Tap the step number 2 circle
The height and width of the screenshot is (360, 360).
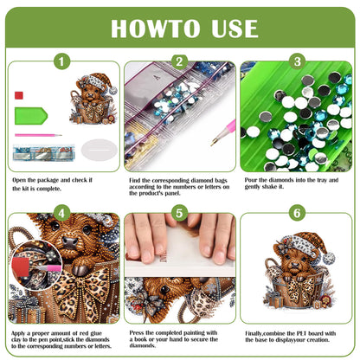tap(179, 61)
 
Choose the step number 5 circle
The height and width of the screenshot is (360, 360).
tap(179, 213)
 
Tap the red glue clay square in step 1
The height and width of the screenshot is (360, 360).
tap(19, 93)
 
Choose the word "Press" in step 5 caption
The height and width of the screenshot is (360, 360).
tap(139, 331)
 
